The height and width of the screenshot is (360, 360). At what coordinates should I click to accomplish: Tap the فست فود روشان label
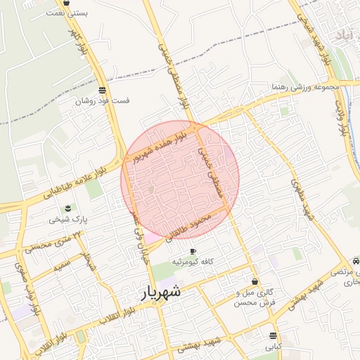(103, 101)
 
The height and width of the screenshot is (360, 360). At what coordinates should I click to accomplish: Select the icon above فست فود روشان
(103, 90)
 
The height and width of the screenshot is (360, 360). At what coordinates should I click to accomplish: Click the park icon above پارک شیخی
(68, 208)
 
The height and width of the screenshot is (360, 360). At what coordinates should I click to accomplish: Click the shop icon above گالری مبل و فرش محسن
(254, 281)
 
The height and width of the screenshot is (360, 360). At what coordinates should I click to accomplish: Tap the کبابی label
(273, 347)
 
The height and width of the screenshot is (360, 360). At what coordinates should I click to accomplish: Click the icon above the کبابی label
(273, 335)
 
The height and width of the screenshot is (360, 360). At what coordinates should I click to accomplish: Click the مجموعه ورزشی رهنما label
(307, 87)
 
